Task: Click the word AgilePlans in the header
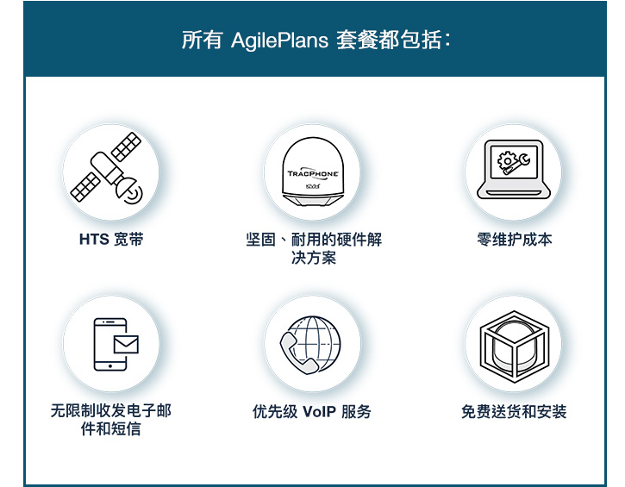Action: point(279,41)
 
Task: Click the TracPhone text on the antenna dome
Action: point(313,173)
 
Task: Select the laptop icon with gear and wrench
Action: point(514,169)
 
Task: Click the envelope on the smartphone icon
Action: point(126,344)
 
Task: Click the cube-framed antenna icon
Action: point(514,346)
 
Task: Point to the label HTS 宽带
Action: point(111,240)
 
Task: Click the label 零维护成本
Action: point(515,240)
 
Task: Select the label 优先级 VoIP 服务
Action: point(312,412)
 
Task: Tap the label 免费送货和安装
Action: point(514,412)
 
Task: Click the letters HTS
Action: point(94,240)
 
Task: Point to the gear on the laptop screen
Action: point(507,161)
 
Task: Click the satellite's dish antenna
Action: point(129,190)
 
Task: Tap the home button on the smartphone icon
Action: point(110,365)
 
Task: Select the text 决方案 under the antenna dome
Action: point(314,258)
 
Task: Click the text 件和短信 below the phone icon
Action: point(111,429)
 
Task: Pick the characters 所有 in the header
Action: point(202,41)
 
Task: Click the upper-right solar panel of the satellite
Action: point(126,147)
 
